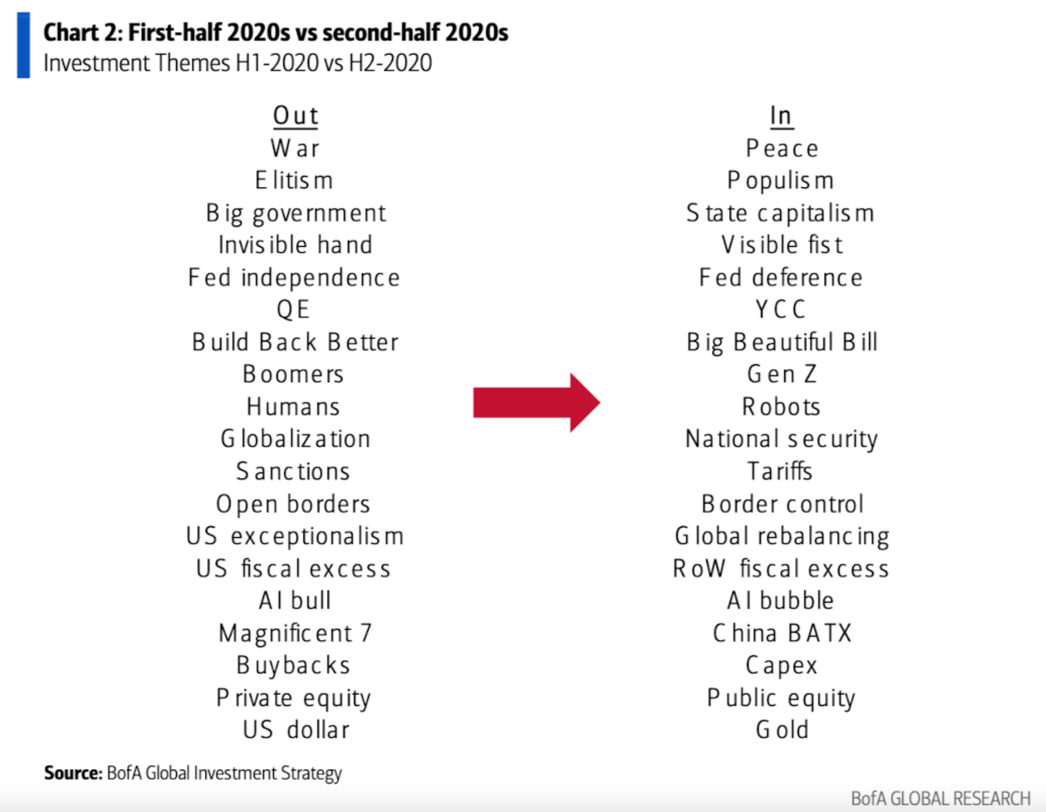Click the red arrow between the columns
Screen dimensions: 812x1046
click(535, 402)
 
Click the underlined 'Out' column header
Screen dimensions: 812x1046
click(296, 116)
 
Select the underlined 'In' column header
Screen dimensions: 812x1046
click(781, 116)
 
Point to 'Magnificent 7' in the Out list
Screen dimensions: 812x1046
click(295, 633)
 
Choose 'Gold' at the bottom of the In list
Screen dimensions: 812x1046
click(782, 730)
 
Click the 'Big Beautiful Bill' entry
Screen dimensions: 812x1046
click(782, 342)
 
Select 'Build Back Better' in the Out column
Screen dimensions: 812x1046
click(295, 342)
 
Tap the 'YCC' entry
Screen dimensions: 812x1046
click(780, 310)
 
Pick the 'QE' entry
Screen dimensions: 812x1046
click(293, 310)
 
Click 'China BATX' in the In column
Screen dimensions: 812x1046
click(782, 633)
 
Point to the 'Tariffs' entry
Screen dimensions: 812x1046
click(780, 471)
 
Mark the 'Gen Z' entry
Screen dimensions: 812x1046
click(781, 374)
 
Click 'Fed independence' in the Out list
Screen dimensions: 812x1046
click(294, 278)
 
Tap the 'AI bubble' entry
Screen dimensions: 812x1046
click(780, 601)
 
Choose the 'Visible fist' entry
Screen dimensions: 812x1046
click(782, 245)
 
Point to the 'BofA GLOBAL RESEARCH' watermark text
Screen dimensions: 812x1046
click(940, 798)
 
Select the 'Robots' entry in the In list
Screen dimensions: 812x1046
click(781, 407)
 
